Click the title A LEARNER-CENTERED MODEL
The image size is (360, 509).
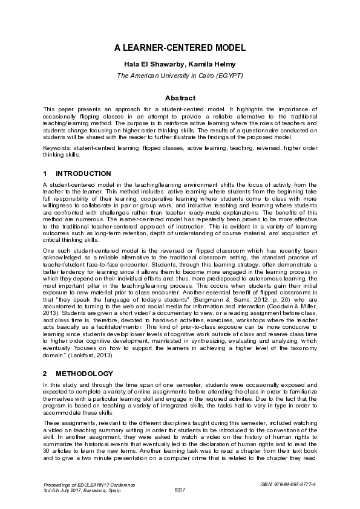click(180, 48)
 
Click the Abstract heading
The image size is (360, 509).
click(180, 98)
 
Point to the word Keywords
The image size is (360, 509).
click(56, 148)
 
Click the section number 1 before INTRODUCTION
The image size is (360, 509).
click(45, 173)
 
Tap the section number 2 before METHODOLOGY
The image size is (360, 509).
click(45, 374)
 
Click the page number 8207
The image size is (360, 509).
click(180, 490)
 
